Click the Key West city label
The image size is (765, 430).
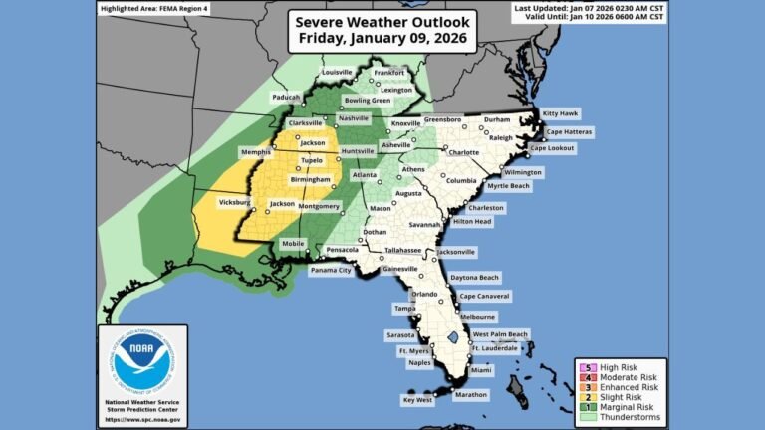point(417,400)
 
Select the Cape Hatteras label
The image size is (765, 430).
point(570,130)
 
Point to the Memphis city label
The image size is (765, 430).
point(255,152)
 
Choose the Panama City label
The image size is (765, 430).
point(331,270)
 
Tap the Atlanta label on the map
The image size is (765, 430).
point(365,175)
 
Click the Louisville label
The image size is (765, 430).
point(337,72)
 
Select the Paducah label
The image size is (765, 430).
point(285,97)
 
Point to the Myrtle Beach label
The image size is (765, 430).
point(507,185)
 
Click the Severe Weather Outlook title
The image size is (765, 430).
point(382,31)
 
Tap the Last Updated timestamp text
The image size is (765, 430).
point(591,7)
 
